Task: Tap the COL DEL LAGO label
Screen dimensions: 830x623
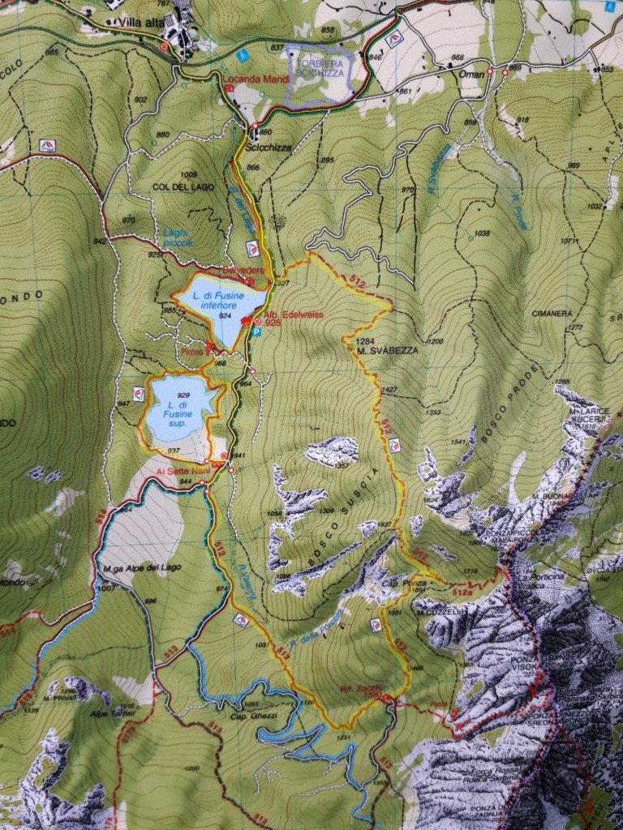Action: click(x=183, y=186)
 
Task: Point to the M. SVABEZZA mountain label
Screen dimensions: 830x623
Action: click(x=385, y=349)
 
